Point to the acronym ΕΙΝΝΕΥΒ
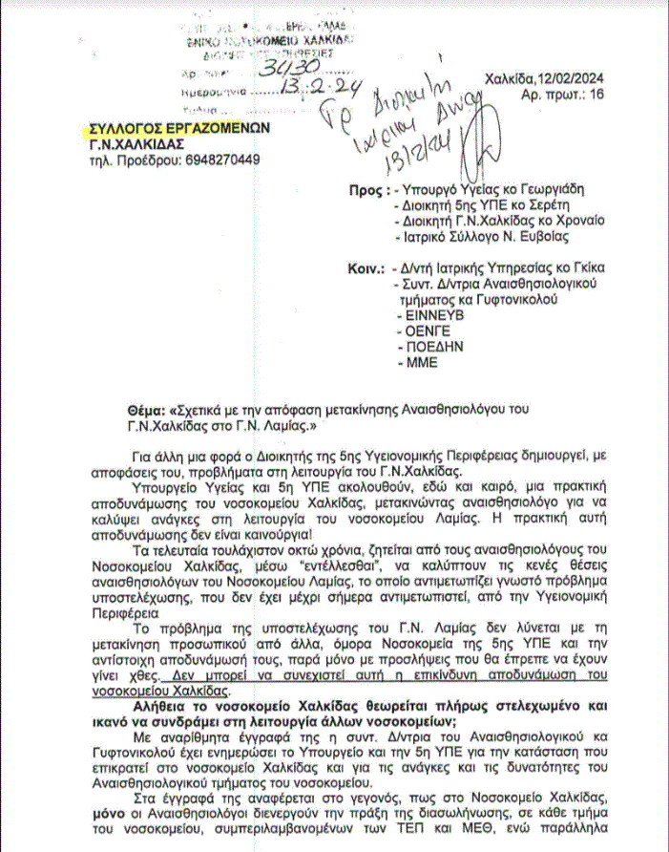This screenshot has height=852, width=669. pos(429,312)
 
